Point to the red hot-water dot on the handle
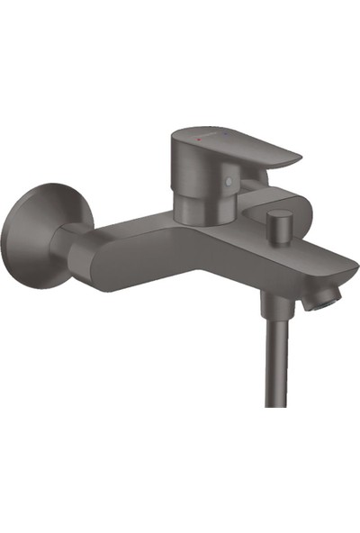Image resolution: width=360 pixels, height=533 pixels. click(192, 140)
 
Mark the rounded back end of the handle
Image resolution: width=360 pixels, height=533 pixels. click(176, 153)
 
